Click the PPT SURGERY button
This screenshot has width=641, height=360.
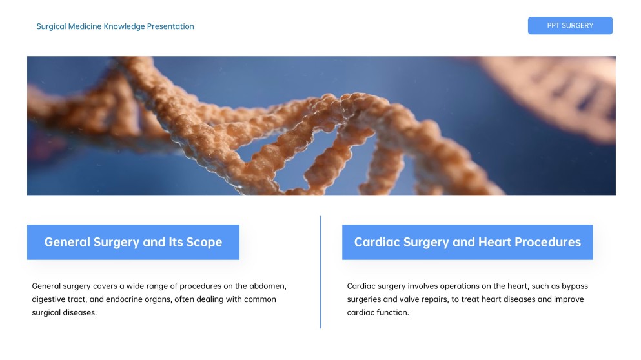pos(570,26)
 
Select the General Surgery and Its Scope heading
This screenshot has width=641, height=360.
pos(133,243)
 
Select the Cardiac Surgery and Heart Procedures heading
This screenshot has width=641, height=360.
pos(467,243)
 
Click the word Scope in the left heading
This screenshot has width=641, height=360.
pos(204,243)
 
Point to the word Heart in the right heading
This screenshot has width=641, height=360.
pos(495,243)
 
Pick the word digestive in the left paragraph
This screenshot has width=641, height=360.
pos(49,299)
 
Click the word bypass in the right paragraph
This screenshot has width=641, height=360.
pos(575,286)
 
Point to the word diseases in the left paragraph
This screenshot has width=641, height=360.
pos(81,313)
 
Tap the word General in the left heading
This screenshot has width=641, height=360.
pos(67,243)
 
